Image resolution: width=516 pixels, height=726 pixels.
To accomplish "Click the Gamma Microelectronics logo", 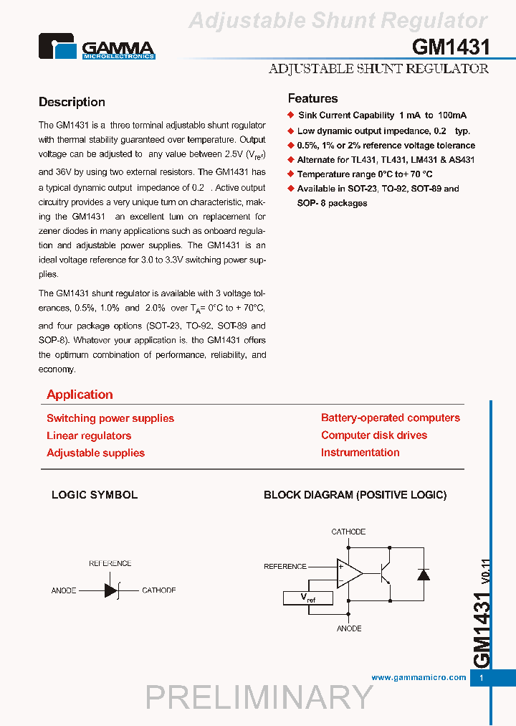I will pyautogui.click(x=97, y=47).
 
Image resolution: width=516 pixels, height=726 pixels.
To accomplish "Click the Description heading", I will pyautogui.click(x=72, y=103).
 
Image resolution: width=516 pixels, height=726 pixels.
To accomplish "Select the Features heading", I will pyautogui.click(x=312, y=99).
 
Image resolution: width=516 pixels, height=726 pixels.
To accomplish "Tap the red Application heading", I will pyautogui.click(x=80, y=395).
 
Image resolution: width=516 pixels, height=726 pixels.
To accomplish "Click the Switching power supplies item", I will pyautogui.click(x=110, y=418).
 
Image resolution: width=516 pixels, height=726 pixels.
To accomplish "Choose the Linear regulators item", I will pyautogui.click(x=89, y=435).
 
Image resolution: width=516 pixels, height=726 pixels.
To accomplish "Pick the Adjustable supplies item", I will pyautogui.click(x=95, y=453).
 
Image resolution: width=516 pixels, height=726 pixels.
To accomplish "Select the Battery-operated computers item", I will pyautogui.click(x=391, y=418).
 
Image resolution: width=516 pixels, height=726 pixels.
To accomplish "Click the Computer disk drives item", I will pyautogui.click(x=374, y=435).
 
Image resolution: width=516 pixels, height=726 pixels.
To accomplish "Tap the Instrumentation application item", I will pyautogui.click(x=360, y=452).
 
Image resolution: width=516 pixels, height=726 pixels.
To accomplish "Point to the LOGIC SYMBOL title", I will pyautogui.click(x=95, y=495).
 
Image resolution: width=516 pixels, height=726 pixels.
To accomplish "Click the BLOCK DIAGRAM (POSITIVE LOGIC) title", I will pyautogui.click(x=355, y=495).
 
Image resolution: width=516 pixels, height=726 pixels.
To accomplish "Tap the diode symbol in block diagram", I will pyautogui.click(x=423, y=574).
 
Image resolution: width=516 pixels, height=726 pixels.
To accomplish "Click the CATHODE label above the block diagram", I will pyautogui.click(x=348, y=532).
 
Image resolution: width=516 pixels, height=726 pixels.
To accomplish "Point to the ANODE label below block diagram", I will pyautogui.click(x=349, y=628).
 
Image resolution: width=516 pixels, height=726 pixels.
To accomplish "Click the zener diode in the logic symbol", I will pyautogui.click(x=111, y=590).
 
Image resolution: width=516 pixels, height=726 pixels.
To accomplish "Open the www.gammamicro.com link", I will pyautogui.click(x=419, y=677).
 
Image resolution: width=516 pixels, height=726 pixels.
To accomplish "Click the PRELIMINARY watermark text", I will pyautogui.click(x=259, y=697).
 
